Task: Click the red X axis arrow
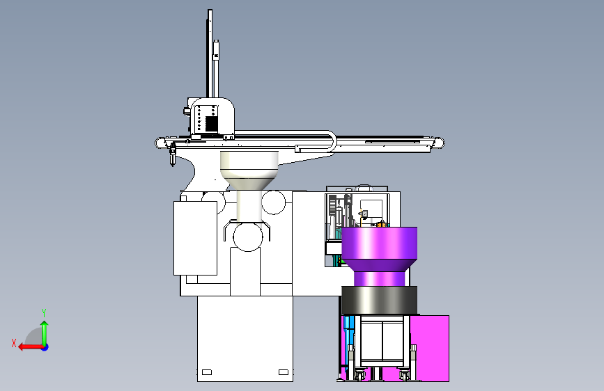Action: pos(31,347)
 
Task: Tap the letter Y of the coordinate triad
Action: pos(44,313)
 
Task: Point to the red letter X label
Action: pos(14,343)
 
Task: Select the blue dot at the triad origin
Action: pos(45,347)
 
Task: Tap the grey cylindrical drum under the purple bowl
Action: pos(380,300)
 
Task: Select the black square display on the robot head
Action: pos(212,124)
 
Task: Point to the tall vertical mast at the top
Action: pos(210,54)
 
